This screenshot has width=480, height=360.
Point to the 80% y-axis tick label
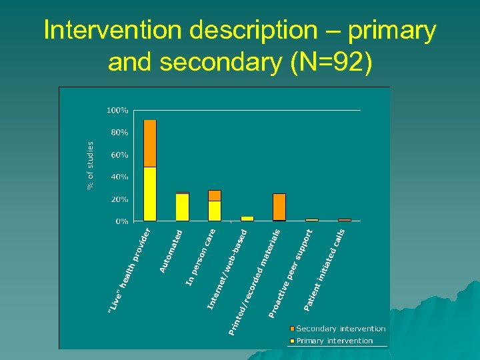point(119,133)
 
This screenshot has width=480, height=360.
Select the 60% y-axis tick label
point(119,155)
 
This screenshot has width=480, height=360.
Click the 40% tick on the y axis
point(119,177)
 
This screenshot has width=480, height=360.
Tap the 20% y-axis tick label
point(119,199)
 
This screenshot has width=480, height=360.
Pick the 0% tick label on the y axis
point(121,221)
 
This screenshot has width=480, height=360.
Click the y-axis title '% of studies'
point(91,163)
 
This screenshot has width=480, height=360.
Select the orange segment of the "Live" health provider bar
point(150,143)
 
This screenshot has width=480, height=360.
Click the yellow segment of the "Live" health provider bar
point(150,193)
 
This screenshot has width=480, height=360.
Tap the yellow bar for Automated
point(182,207)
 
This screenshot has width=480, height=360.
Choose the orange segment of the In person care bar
point(214,195)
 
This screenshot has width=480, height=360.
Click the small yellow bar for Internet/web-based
point(247,219)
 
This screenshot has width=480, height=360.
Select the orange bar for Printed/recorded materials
point(279,207)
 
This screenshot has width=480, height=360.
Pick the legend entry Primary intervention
point(334,341)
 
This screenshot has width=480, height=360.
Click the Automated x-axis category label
point(172,251)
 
